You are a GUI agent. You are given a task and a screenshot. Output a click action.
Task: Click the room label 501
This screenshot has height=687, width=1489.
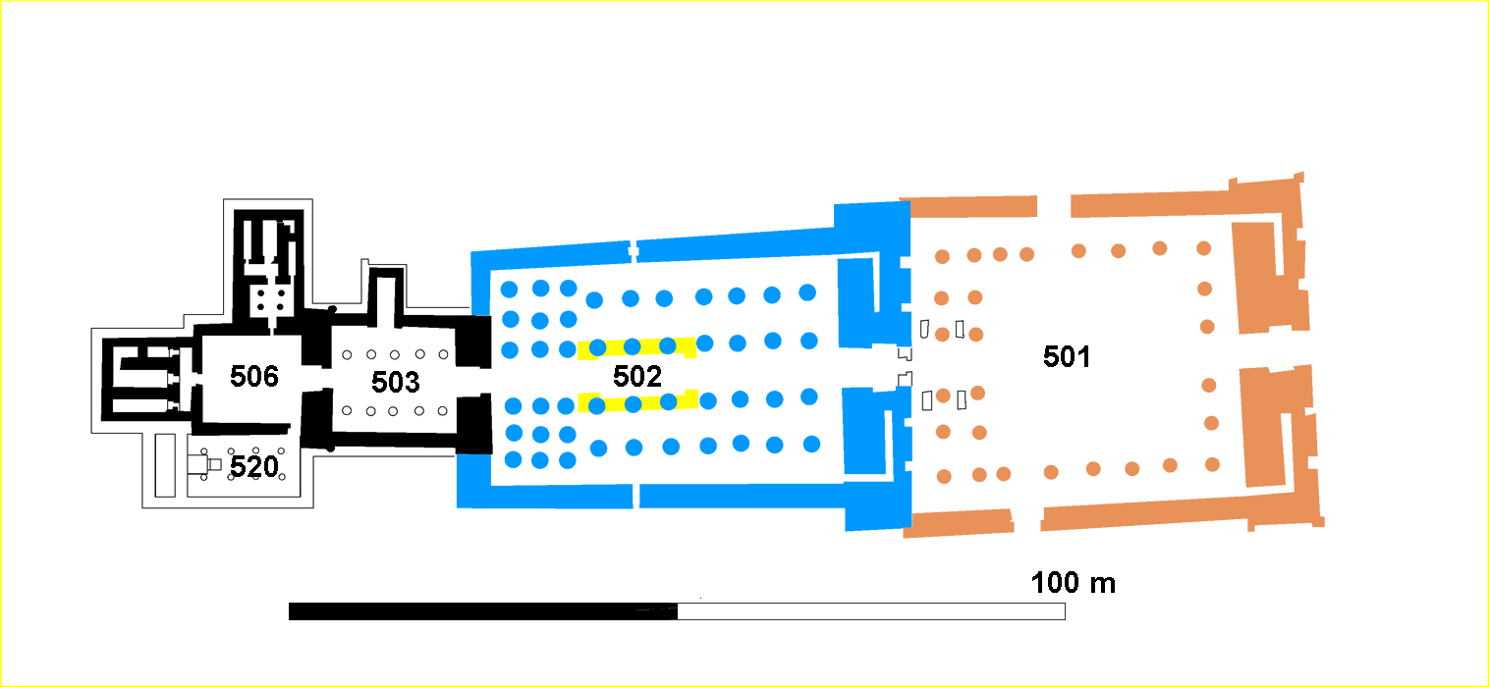(x=1067, y=356)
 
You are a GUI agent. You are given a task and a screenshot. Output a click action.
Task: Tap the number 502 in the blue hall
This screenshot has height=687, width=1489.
(x=637, y=375)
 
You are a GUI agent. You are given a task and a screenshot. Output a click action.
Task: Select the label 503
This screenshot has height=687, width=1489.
(x=396, y=381)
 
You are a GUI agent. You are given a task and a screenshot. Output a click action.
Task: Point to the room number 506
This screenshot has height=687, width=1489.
(x=254, y=376)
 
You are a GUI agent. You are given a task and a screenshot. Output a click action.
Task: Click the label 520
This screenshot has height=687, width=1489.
(x=254, y=467)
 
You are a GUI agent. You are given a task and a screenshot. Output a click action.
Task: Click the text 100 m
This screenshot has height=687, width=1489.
(x=1073, y=583)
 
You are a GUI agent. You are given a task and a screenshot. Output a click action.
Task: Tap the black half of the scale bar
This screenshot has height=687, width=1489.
(x=481, y=611)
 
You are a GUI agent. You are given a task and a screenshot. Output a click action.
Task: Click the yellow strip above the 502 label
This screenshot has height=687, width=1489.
(x=637, y=346)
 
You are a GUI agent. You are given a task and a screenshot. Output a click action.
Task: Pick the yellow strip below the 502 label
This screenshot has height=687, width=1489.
(x=637, y=401)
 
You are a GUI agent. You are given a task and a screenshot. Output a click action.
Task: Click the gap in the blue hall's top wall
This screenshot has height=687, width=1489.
(x=634, y=249)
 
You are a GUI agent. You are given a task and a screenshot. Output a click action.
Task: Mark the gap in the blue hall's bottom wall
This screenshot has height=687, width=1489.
(x=635, y=497)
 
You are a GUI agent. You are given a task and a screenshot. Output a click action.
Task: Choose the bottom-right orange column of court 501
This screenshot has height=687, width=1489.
(x=1213, y=463)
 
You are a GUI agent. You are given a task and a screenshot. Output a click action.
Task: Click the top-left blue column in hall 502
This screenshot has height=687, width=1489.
(x=509, y=289)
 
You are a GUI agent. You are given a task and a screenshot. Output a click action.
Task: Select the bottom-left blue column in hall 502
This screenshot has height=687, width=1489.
(x=513, y=459)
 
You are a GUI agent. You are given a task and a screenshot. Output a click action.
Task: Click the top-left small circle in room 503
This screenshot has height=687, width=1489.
(x=346, y=355)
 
